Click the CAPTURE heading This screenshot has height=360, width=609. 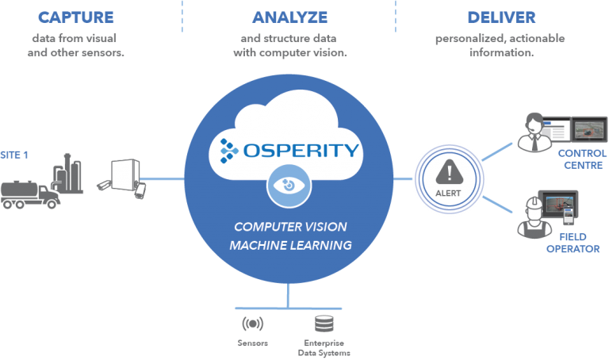[x=76, y=17]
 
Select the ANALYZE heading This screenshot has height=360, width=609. [x=290, y=17]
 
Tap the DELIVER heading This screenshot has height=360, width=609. [x=501, y=17]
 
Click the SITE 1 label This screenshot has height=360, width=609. [x=15, y=154]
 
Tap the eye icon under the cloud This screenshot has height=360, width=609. [x=289, y=185]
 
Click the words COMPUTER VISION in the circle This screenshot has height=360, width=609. [x=289, y=227]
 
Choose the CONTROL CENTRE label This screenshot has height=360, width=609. [x=581, y=159]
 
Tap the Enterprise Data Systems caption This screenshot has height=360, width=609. [x=325, y=347]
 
